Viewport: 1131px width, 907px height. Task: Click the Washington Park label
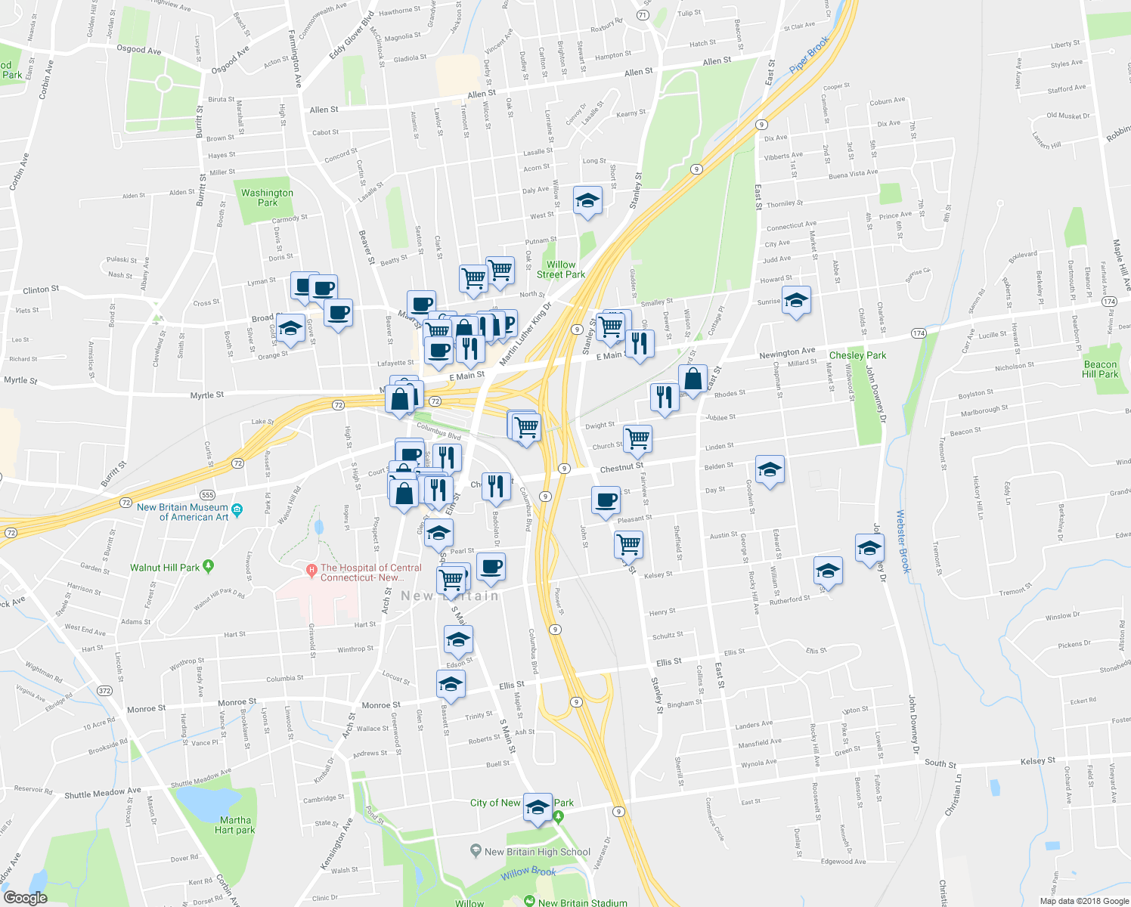[x=267, y=197]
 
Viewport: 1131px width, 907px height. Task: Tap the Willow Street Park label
[x=561, y=270]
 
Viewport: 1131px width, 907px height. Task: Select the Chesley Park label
[x=857, y=355]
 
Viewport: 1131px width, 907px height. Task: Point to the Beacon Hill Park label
[x=1100, y=369]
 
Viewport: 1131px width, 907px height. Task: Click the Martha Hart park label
[x=235, y=825]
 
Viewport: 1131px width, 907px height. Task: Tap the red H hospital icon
[x=310, y=568]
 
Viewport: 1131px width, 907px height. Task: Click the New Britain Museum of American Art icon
[x=237, y=509]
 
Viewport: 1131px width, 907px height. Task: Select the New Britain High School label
[x=537, y=852]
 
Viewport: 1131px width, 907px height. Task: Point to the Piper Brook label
[x=809, y=56]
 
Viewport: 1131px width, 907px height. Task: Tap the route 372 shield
[x=104, y=691]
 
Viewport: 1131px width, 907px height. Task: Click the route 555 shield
[x=208, y=494]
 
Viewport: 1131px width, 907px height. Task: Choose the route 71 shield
[x=642, y=15]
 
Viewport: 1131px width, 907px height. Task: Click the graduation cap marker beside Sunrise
[x=796, y=302]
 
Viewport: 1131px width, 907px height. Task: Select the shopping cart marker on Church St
[x=638, y=438]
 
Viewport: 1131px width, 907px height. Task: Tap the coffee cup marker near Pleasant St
[x=606, y=500]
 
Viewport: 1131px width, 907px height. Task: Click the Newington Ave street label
[x=787, y=352]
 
